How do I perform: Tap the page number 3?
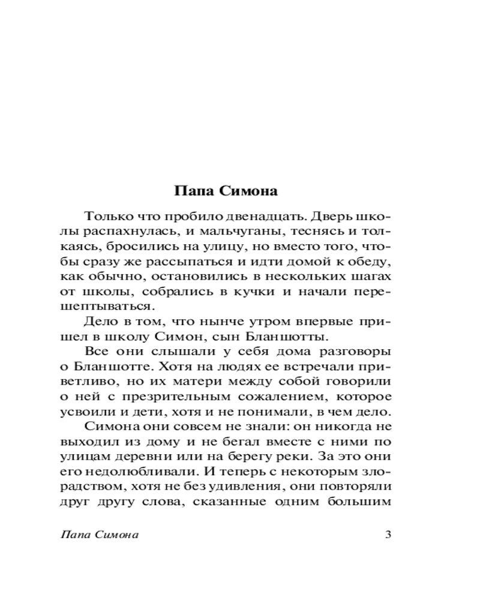coord(388,535)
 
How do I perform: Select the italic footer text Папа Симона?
coord(100,535)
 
